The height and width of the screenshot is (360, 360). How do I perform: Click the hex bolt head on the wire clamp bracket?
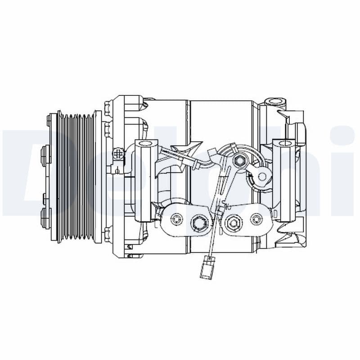240,160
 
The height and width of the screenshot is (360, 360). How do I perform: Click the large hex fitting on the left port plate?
198,221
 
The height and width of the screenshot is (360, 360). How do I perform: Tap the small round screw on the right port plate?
256,219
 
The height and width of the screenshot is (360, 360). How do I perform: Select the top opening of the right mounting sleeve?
285,144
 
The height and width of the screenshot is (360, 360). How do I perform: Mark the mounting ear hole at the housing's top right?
274,100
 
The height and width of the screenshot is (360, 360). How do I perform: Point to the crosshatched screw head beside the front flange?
118,154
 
